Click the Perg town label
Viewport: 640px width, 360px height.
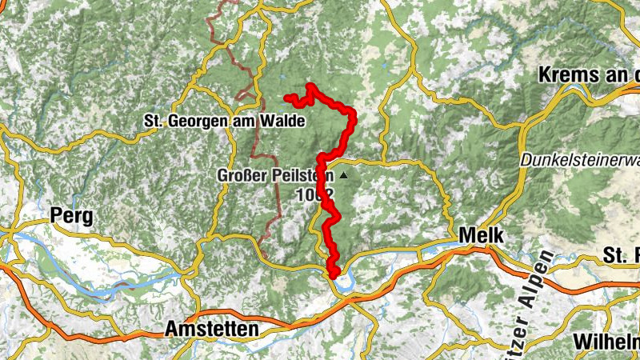coord(71,215)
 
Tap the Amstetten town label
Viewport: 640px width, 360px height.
coord(211,329)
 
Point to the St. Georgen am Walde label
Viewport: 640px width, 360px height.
coord(224,122)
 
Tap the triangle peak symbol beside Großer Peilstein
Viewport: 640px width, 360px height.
coord(344,174)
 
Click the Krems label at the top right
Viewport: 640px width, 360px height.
coord(589,75)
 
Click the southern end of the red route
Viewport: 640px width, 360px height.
coord(334,276)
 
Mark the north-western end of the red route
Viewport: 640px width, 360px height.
coord(287,98)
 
